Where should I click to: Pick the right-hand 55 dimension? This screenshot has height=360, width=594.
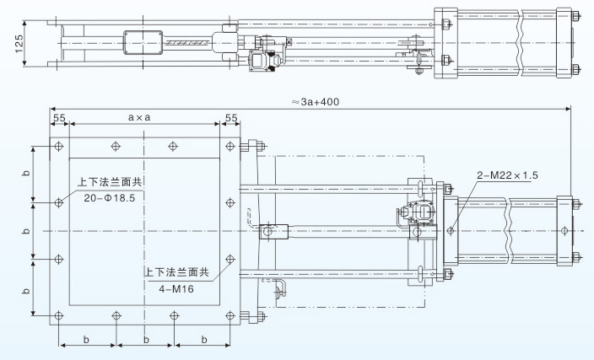[231, 118]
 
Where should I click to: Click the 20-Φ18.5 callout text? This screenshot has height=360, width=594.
[109, 196]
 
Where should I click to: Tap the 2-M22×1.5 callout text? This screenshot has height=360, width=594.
[508, 175]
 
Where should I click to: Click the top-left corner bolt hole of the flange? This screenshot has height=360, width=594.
[58, 146]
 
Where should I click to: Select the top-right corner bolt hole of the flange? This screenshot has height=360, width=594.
[230, 146]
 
